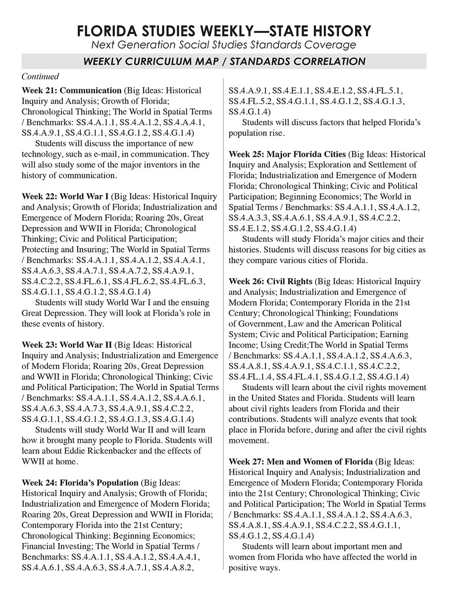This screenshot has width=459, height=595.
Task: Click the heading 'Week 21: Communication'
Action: coord(71,91)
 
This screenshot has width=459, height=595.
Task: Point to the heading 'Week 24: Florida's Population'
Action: coord(80,482)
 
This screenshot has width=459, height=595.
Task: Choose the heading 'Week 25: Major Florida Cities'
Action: coord(287,154)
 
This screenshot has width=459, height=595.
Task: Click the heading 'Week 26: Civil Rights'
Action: coord(270,281)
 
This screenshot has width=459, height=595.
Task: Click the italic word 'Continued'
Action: coord(40,76)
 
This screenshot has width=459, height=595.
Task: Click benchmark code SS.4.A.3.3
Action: coord(249,218)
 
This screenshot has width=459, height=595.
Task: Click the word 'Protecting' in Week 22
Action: coord(40,249)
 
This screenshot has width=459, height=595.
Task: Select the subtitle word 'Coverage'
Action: coord(331,45)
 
